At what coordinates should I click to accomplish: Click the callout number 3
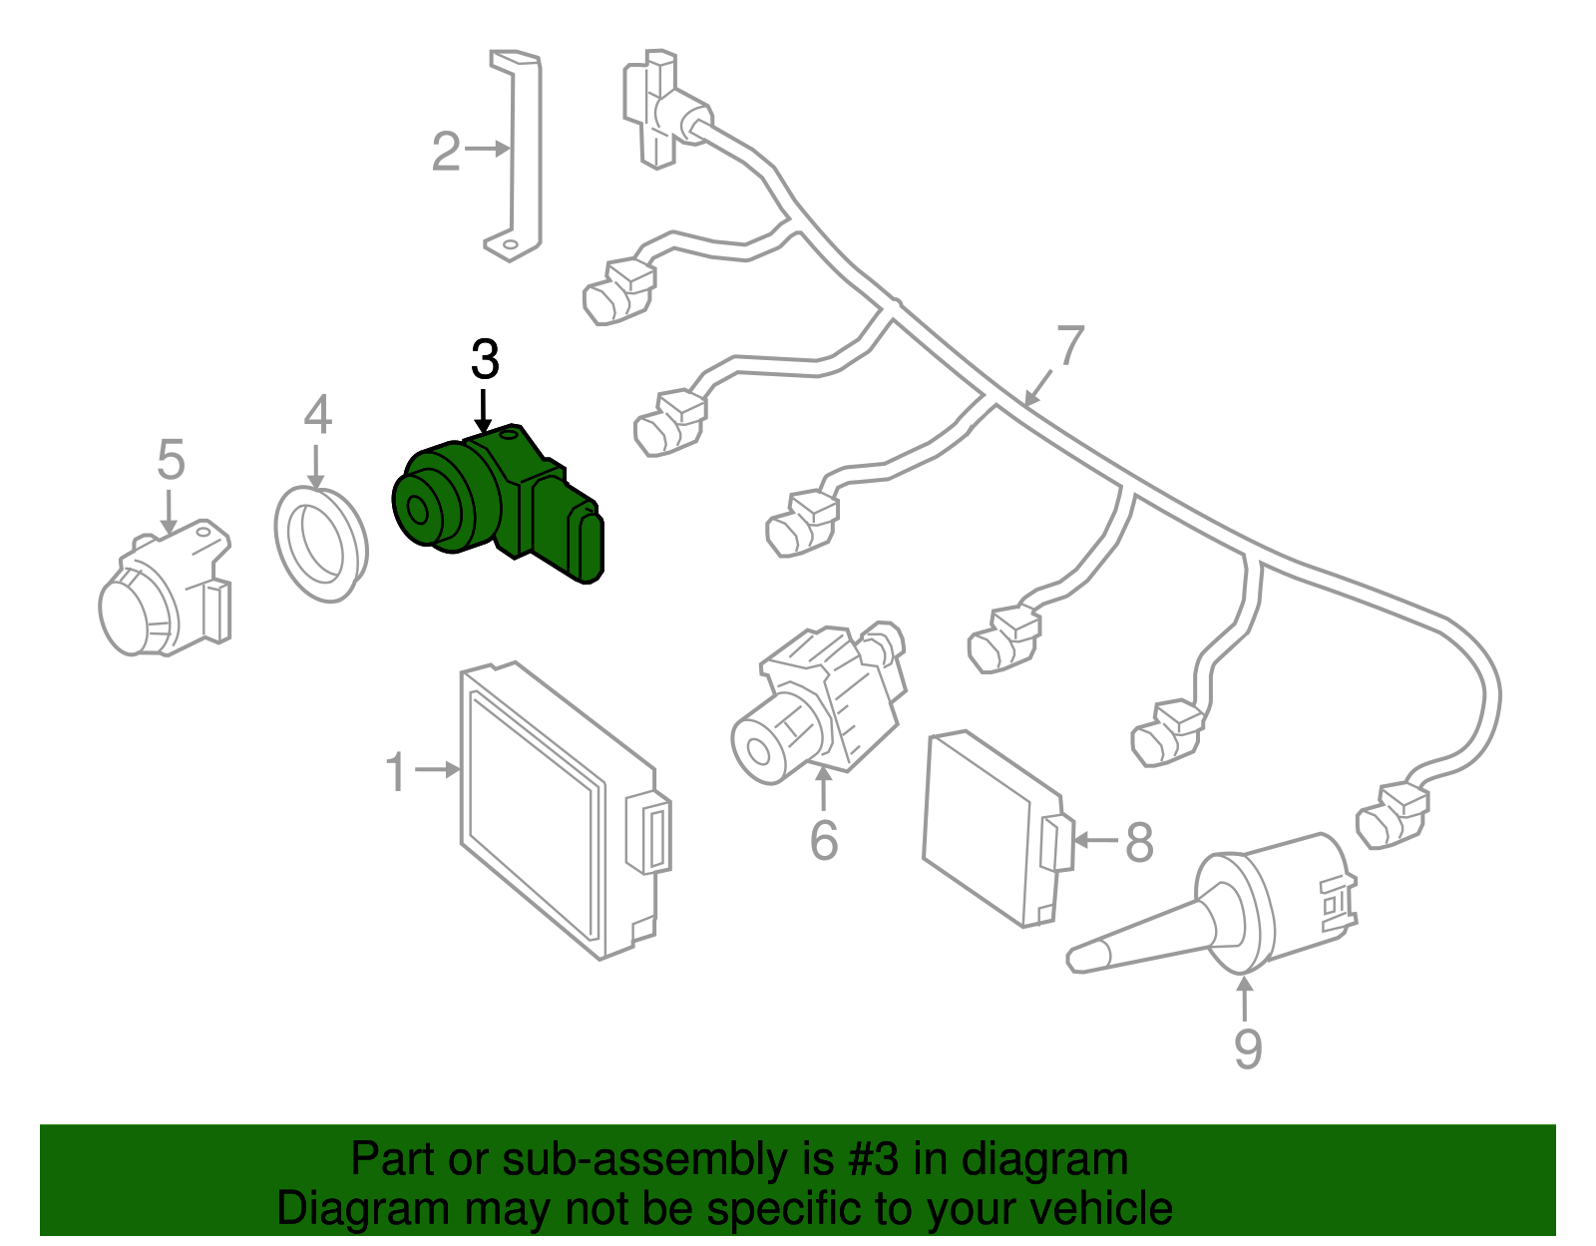485,360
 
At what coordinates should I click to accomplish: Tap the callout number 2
446,152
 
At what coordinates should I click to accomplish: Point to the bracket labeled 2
525,150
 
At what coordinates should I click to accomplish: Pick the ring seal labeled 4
320,543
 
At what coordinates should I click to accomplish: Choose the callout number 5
171,460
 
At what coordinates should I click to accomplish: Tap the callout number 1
397,772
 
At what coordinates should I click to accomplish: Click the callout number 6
824,840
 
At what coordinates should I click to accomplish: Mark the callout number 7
1069,346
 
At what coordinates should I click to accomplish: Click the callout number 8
1139,842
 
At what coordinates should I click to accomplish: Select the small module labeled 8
993,828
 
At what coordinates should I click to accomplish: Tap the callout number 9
1248,1047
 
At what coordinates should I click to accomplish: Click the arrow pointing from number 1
437,769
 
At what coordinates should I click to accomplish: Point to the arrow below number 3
484,411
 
